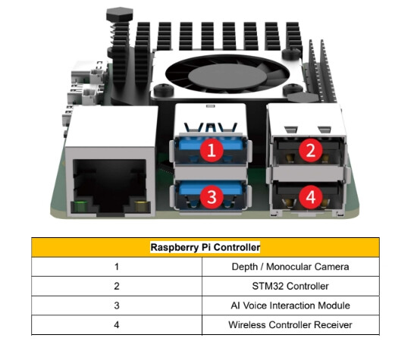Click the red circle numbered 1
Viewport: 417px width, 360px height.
pos(212,150)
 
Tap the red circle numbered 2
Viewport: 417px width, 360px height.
pos(311,150)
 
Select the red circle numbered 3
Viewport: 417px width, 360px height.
pos(212,197)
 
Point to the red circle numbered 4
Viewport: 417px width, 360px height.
pos(311,197)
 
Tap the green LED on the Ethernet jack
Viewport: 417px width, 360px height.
pos(80,207)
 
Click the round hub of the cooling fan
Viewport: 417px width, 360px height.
pos(227,77)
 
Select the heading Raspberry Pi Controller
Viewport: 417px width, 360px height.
pos(205,247)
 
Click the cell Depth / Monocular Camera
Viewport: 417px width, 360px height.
pos(290,267)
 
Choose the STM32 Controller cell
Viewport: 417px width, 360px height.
pos(290,286)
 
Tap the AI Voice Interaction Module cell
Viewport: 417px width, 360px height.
pos(290,305)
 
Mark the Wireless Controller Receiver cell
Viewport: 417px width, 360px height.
pos(290,324)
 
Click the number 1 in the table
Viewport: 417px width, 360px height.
pos(117,267)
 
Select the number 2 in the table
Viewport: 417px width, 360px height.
pos(117,286)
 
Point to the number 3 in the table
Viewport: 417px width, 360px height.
pos(117,305)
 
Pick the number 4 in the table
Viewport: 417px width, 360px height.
pos(117,324)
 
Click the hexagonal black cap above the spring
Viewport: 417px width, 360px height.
pos(119,14)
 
